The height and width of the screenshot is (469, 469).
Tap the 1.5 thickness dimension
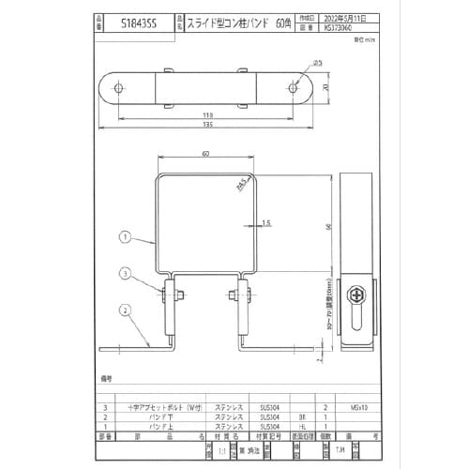point(267,223)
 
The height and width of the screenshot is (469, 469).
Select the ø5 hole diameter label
point(317,63)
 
